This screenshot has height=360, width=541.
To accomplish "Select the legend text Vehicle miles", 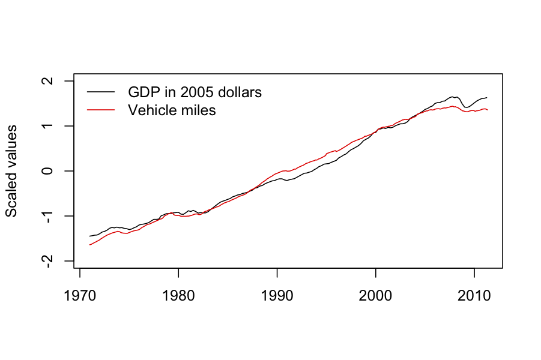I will pos(172,110).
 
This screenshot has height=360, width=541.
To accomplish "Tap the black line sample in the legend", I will pos(100,92).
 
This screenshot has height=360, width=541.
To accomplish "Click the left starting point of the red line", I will pos(89,245).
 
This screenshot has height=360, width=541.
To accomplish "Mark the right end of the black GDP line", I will pos(488,97).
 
